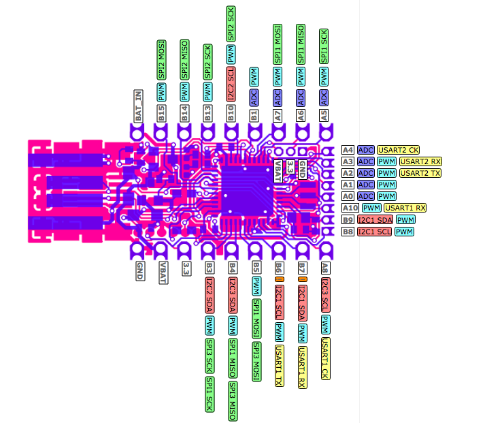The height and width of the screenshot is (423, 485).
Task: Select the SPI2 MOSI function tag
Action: pos(161,61)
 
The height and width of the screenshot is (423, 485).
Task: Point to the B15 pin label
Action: pos(161,113)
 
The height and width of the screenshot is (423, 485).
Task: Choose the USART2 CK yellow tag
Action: pos(400,149)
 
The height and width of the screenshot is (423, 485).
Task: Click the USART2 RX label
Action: pos(420,161)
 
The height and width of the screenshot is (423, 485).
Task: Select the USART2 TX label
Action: pos(420,173)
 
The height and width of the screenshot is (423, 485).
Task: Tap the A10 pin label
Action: pos(350,208)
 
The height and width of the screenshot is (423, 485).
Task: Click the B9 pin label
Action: pos(348,219)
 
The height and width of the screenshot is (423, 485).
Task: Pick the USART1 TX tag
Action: pos(279,365)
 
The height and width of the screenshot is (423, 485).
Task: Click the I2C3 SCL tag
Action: pos(324,296)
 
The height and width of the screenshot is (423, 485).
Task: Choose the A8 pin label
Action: pos(324,268)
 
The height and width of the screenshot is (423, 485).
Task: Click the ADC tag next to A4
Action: pos(366,149)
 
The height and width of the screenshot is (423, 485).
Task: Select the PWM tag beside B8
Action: pos(405,232)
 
